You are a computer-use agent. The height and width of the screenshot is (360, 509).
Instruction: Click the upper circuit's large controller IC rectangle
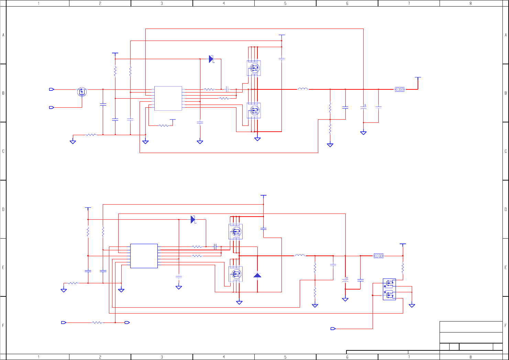click(168, 98)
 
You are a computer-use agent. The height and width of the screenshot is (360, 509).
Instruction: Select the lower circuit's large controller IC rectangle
click(144, 256)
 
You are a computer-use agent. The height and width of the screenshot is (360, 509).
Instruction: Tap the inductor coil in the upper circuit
click(303, 89)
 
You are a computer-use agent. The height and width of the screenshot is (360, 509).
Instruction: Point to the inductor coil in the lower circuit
click(300, 255)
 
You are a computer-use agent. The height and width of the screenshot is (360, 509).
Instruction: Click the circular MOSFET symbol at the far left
click(82, 92)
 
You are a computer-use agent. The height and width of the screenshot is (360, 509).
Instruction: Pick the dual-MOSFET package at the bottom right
click(389, 289)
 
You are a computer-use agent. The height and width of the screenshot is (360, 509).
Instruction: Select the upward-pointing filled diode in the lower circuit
click(257, 275)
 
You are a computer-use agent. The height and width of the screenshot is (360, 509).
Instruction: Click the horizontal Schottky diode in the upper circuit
click(211, 59)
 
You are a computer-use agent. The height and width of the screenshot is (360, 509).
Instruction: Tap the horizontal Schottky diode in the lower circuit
click(193, 219)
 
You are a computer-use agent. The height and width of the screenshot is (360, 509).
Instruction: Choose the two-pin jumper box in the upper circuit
click(400, 89)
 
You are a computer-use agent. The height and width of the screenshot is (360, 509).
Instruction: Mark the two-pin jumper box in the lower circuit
click(378, 256)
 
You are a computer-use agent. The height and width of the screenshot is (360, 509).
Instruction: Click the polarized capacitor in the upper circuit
click(363, 107)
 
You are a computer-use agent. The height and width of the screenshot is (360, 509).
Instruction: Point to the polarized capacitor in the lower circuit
click(345, 280)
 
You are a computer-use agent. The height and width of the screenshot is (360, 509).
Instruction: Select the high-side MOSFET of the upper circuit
click(254, 68)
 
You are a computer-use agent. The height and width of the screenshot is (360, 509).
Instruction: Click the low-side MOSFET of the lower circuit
click(236, 274)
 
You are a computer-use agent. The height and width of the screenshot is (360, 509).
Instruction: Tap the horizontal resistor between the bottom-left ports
click(97, 323)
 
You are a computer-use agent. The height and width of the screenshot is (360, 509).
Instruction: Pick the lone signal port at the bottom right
click(333, 329)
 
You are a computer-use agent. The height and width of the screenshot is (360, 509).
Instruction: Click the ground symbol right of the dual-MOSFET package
click(412, 305)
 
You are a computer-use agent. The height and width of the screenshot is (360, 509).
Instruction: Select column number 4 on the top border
click(224, 3)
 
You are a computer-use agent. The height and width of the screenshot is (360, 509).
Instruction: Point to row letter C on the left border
click(3, 151)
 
